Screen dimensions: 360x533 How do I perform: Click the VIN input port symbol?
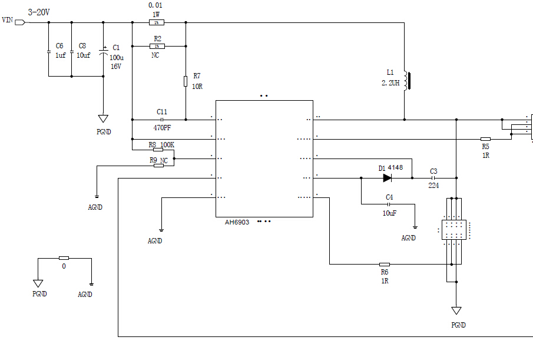click(x=20, y=22)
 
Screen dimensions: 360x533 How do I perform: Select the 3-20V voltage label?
click(x=39, y=12)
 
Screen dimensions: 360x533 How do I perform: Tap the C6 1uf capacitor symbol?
click(x=48, y=52)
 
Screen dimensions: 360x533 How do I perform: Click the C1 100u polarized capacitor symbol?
click(x=104, y=52)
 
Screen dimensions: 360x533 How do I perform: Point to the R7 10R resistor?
click(x=186, y=81)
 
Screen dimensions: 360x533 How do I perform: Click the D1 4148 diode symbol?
click(x=387, y=177)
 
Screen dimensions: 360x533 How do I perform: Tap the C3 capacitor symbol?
click(x=433, y=177)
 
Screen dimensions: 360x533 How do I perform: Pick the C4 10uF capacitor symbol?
click(x=389, y=204)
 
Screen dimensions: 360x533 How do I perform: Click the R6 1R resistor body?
click(x=384, y=265)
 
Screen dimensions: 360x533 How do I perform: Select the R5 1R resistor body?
click(x=485, y=139)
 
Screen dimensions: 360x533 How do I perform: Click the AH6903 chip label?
click(x=237, y=222)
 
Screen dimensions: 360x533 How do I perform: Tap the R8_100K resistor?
click(x=158, y=150)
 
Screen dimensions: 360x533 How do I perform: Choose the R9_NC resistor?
click(x=158, y=166)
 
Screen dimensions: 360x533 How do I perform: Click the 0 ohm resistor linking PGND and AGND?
click(x=64, y=258)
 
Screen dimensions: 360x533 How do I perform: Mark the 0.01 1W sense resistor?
click(x=156, y=22)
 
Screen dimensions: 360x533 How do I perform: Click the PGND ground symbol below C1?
click(x=104, y=119)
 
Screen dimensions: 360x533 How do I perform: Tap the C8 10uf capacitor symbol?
click(x=71, y=52)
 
